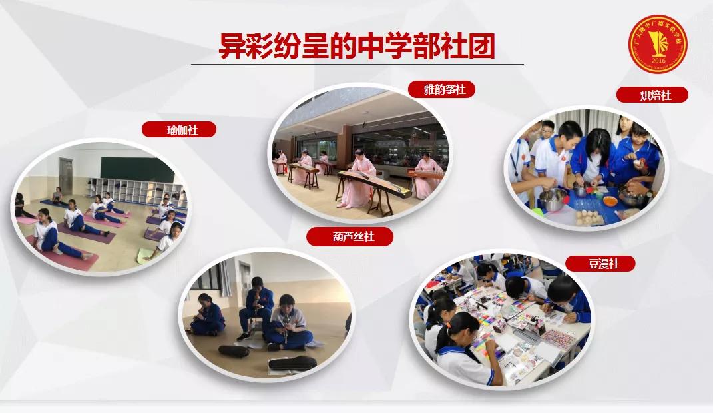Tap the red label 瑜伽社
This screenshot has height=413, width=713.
pyautogui.click(x=179, y=129)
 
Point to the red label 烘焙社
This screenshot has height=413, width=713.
pyautogui.click(x=652, y=95)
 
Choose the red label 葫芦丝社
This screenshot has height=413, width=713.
pyautogui.click(x=350, y=236)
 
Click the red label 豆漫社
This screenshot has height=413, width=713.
pyautogui.click(x=600, y=264)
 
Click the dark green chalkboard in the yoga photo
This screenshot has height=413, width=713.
pyautogui.click(x=136, y=167)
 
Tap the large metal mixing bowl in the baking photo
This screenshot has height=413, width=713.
pyautogui.click(x=553, y=199)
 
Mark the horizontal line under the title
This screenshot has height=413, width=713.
pyautogui.click(x=357, y=65)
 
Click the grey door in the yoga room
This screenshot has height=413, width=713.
pyautogui.click(x=65, y=175)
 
